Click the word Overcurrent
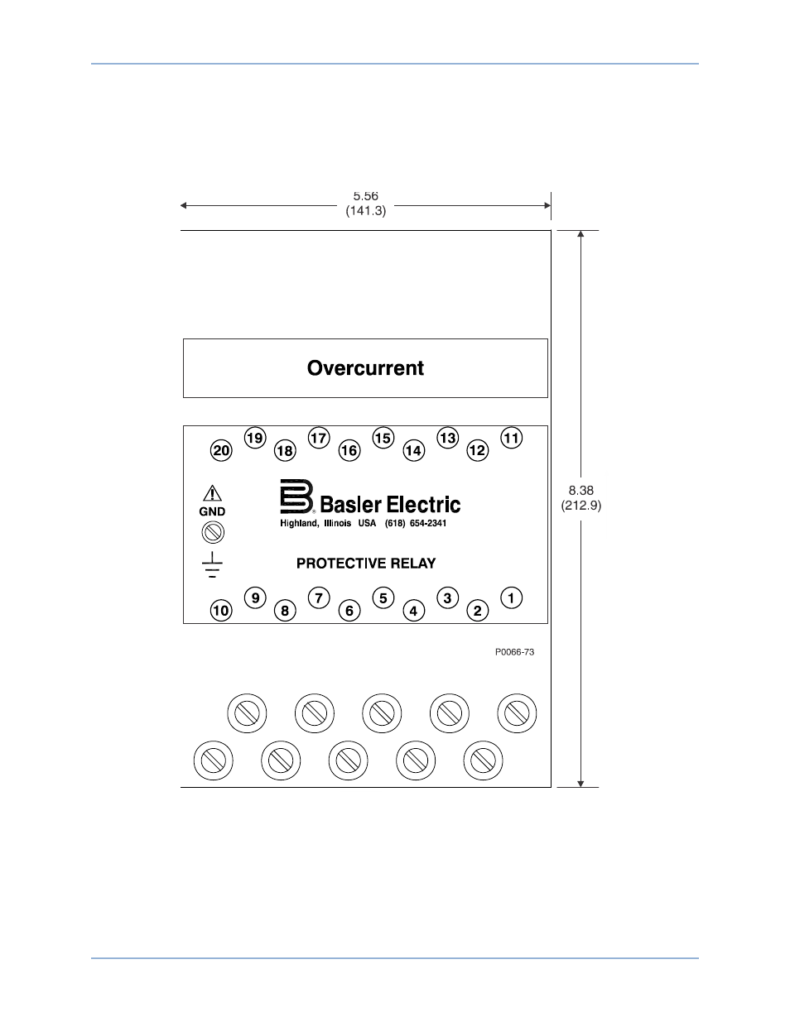point(365,367)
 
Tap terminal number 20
point(221,450)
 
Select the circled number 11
point(511,438)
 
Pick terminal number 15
point(383,438)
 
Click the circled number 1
point(511,597)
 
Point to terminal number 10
point(221,611)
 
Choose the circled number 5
point(383,597)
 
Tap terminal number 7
point(319,597)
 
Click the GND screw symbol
point(213,532)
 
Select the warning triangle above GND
point(212,493)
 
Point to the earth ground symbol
point(212,564)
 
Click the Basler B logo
point(297,497)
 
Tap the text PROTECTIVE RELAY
point(366,563)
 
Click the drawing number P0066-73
point(514,652)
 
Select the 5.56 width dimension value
point(365,196)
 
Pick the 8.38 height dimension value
point(581,490)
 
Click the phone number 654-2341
point(427,523)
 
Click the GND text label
point(212,511)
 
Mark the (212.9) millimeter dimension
point(581,506)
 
